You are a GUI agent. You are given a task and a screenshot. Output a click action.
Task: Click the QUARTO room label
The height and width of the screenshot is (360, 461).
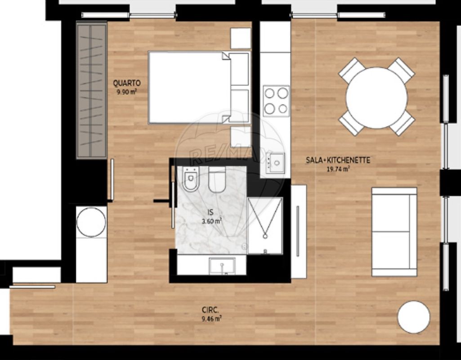pyautogui.click(x=127, y=83)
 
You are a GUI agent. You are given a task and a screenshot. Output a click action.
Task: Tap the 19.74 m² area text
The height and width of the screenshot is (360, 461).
pyautogui.click(x=338, y=169)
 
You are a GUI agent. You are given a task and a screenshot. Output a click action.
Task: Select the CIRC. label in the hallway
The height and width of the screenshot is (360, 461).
pyautogui.click(x=210, y=310)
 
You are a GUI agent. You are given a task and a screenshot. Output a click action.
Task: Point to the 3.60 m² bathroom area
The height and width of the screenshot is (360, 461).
pyautogui.click(x=211, y=221)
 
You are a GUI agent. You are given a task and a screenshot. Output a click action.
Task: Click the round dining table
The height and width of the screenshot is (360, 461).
pyautogui.click(x=376, y=98)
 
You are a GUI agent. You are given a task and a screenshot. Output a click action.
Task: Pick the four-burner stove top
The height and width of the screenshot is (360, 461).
pyautogui.click(x=276, y=101)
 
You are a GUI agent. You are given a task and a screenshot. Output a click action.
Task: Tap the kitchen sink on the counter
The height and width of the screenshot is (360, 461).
pyautogui.click(x=276, y=162)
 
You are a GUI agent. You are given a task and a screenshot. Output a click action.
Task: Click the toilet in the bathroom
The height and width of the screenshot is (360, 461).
pyautogui.click(x=191, y=179)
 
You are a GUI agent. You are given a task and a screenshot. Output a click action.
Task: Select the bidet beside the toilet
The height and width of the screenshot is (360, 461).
pyautogui.click(x=217, y=180)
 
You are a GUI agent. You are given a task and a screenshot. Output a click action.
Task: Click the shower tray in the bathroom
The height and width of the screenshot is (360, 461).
pyautogui.click(x=265, y=225)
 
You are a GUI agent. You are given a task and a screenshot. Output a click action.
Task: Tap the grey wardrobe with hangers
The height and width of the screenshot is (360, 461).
pyautogui.click(x=91, y=90)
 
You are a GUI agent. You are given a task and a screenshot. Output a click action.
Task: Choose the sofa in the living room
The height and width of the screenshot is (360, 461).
pyautogui.click(x=394, y=232)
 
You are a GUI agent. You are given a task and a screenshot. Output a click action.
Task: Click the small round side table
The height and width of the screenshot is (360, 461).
pyautogui.click(x=414, y=317)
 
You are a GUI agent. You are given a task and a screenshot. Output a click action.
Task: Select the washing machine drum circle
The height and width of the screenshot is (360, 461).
pyautogui.click(x=91, y=222)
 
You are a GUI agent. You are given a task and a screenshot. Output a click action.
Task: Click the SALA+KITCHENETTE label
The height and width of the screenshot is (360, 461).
pyautogui.click(x=338, y=160)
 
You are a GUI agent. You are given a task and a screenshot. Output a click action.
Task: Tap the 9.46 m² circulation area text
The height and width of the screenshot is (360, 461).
pyautogui.click(x=212, y=319)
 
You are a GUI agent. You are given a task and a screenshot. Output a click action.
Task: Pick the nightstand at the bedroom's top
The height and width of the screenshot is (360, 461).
pyautogui.click(x=241, y=38)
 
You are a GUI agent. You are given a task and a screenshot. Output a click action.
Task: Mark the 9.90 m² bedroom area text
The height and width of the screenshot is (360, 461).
pyautogui.click(x=127, y=92)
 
